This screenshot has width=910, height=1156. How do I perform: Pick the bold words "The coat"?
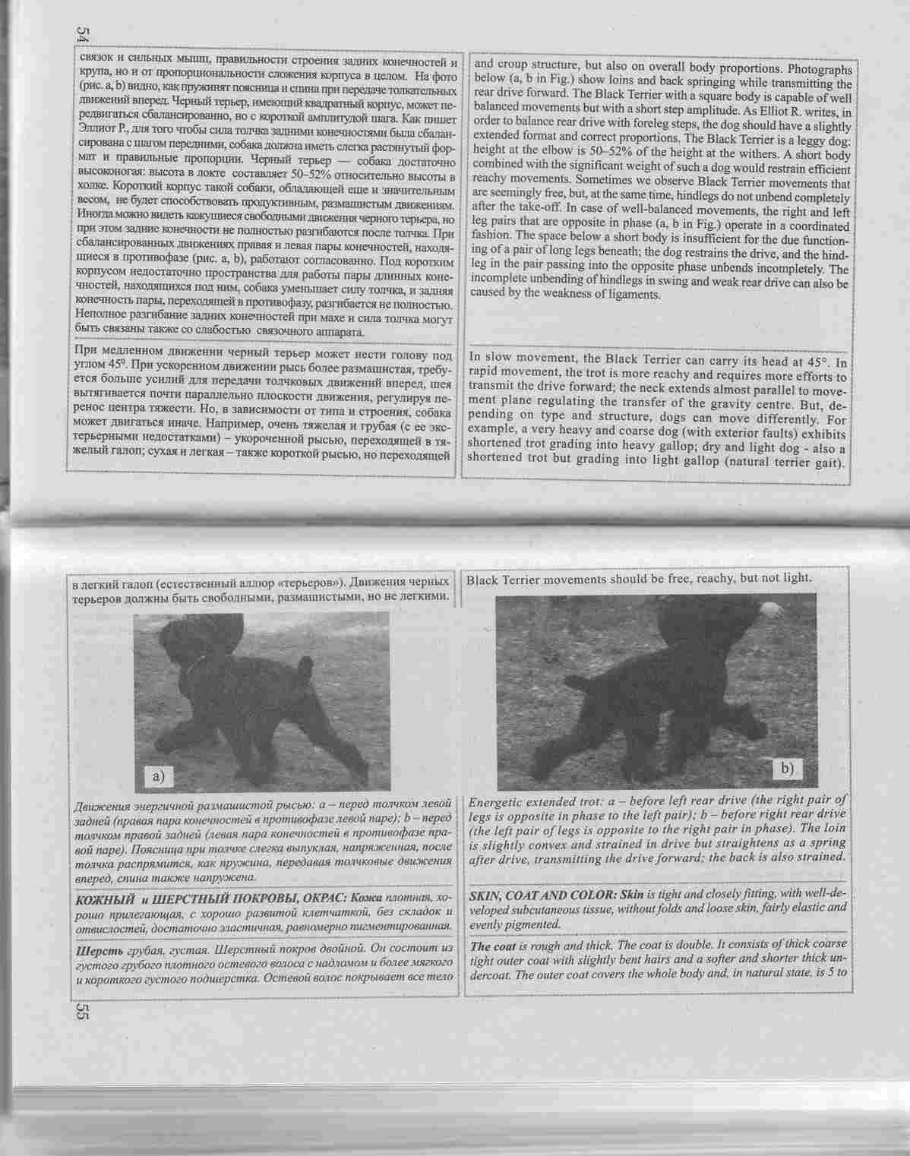click(x=491, y=946)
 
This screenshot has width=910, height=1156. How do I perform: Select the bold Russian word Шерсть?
click(x=96, y=951)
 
